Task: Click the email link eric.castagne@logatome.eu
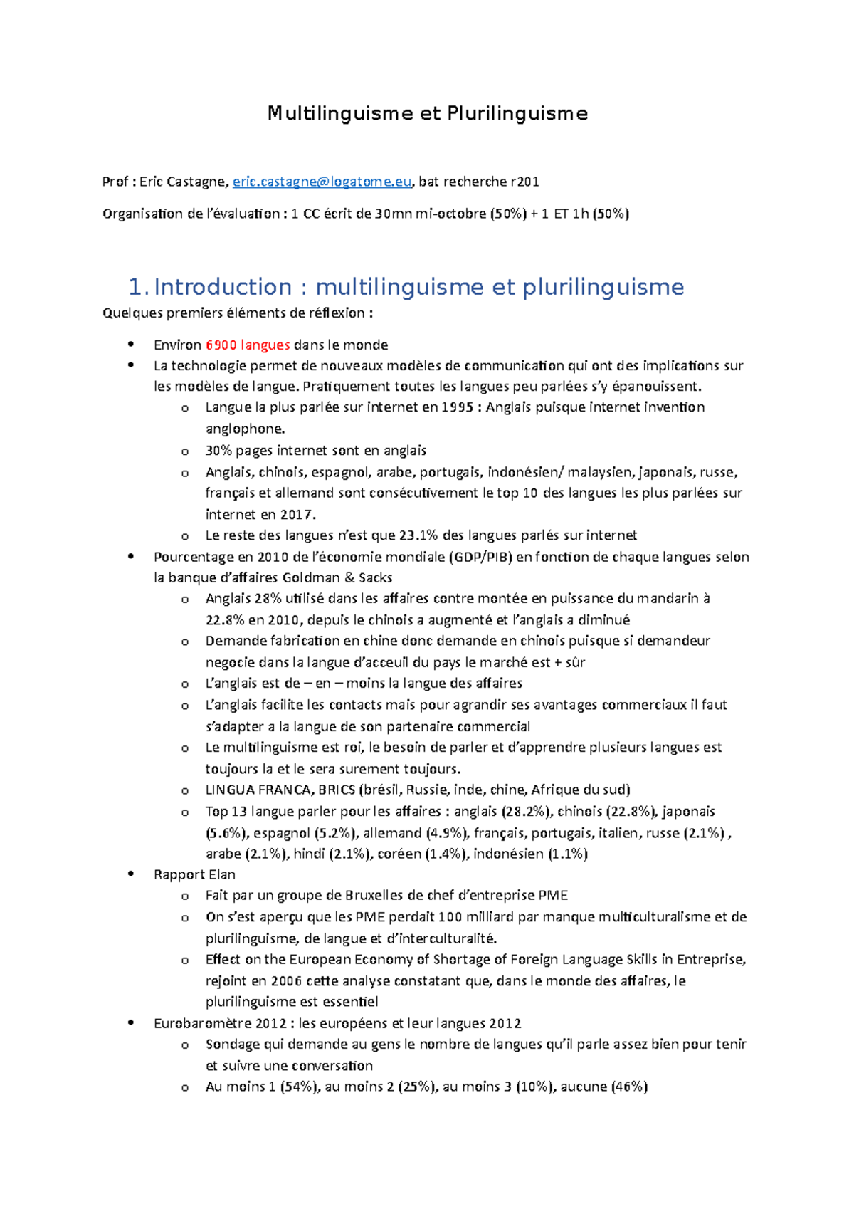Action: tap(322, 182)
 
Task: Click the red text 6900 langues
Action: tap(248, 345)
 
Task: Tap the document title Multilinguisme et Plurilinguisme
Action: tap(427, 113)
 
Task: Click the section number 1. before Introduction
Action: tap(139, 287)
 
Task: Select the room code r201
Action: tap(525, 182)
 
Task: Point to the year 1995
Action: tap(457, 407)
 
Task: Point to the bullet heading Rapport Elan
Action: tap(194, 874)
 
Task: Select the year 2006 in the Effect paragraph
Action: tap(286, 980)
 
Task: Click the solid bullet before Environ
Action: tap(130, 345)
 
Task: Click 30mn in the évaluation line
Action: tap(394, 214)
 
